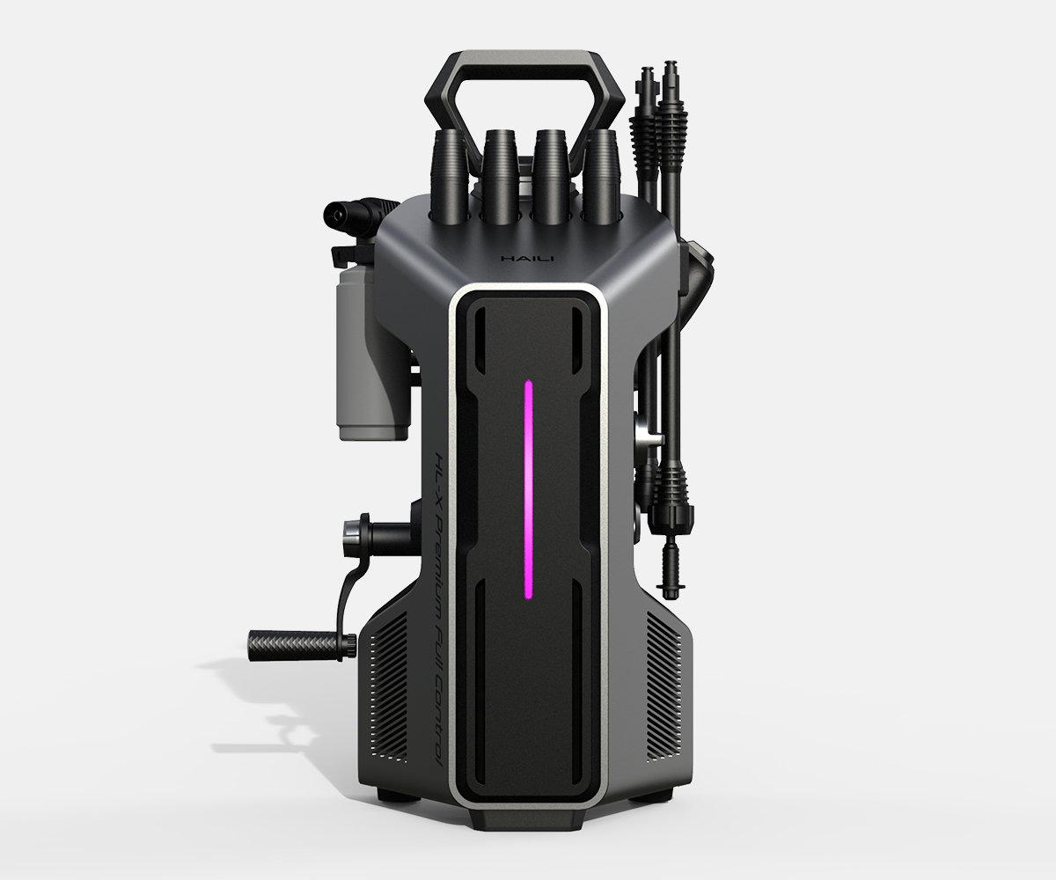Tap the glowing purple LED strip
click(x=528, y=489)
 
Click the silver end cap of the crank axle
click(x=349, y=532)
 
